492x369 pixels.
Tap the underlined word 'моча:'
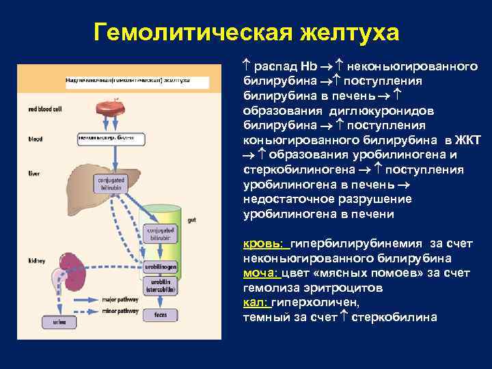pos(261,273)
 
